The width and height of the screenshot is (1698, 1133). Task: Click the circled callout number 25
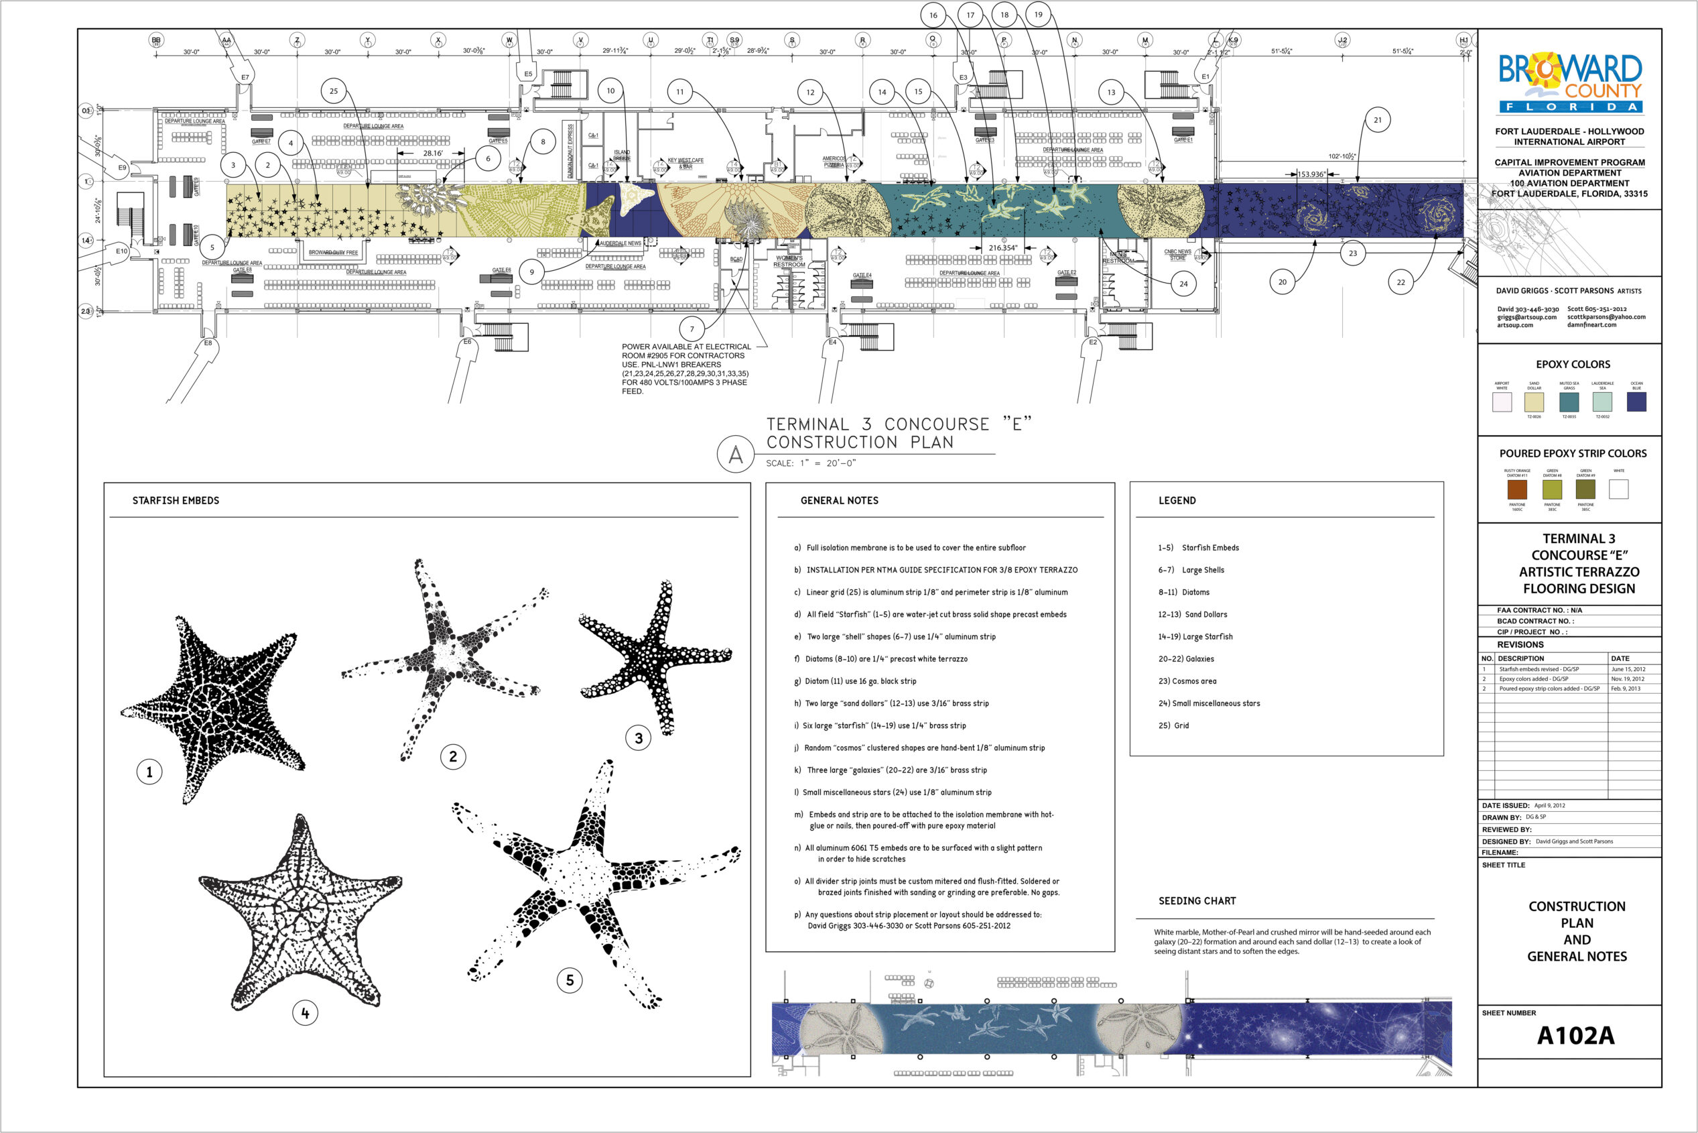click(x=333, y=91)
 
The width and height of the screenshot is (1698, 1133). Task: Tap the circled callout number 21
click(x=1377, y=120)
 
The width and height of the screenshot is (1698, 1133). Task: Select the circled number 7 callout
click(x=692, y=329)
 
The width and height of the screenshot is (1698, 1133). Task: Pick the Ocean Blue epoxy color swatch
click(x=1636, y=402)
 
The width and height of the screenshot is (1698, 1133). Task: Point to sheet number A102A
click(x=1575, y=1035)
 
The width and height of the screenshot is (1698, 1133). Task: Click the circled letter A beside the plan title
click(x=735, y=455)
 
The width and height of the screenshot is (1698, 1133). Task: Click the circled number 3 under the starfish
click(x=639, y=737)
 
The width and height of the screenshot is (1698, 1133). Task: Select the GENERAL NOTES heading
click(x=839, y=500)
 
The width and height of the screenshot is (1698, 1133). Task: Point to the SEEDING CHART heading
click(x=1197, y=900)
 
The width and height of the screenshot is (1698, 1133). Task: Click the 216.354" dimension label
click(x=1002, y=248)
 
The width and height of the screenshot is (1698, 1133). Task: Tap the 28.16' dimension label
click(x=433, y=153)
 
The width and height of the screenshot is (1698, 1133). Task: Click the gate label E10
click(x=121, y=251)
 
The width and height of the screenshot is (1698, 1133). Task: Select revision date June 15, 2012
click(x=1628, y=669)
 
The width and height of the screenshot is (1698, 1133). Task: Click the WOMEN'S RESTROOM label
click(x=789, y=261)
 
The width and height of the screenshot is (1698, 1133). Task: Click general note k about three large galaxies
click(x=891, y=770)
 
